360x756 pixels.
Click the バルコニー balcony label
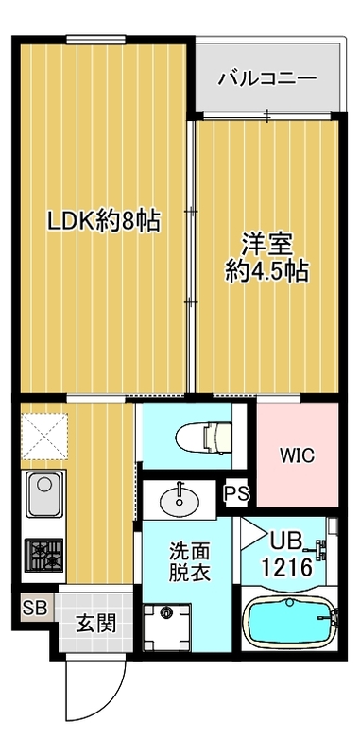(x=266, y=77)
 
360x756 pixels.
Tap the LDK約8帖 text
(x=104, y=222)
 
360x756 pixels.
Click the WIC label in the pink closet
(x=296, y=454)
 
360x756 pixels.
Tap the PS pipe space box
(x=234, y=493)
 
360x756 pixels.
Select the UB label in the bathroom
(x=286, y=542)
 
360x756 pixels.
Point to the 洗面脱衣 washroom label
(x=183, y=561)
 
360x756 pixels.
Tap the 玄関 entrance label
(x=92, y=623)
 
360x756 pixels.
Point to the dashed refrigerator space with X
(x=42, y=435)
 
